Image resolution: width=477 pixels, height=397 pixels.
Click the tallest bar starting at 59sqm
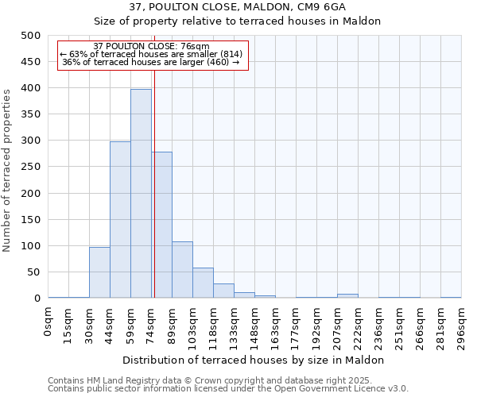(x=141, y=194)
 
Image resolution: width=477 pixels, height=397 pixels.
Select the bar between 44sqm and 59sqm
(x=120, y=220)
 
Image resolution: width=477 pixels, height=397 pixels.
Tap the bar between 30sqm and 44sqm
(x=99, y=272)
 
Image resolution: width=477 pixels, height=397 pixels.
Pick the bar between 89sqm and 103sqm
(x=182, y=270)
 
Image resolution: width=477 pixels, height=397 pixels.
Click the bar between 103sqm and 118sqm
(x=203, y=283)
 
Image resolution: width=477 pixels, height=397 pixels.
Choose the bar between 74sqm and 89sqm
(x=162, y=225)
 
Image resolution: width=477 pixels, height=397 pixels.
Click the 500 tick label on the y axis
(x=30, y=36)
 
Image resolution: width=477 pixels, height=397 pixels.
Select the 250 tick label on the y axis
(x=30, y=167)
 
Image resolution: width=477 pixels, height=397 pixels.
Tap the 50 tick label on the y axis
(x=33, y=272)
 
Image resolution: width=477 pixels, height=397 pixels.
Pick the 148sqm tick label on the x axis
(x=255, y=324)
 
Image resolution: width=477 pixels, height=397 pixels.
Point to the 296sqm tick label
(x=462, y=324)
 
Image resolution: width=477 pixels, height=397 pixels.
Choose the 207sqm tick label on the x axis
(x=338, y=324)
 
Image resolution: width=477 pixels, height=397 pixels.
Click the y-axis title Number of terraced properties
(x=8, y=170)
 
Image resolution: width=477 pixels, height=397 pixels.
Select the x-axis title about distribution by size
(x=254, y=360)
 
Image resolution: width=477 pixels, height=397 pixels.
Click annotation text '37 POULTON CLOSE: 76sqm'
(x=151, y=46)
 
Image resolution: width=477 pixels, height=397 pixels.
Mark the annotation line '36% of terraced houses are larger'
(x=150, y=63)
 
